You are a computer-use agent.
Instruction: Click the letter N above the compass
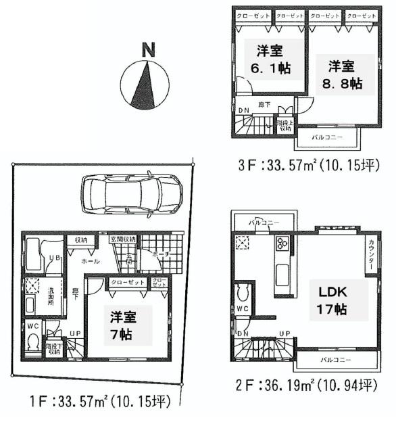point(149,49)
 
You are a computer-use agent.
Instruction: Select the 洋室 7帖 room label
point(121,325)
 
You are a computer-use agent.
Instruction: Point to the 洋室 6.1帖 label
point(269,60)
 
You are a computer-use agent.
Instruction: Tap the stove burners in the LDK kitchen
point(283,244)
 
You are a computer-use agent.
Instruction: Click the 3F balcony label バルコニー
point(328,137)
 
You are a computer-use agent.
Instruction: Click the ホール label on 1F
point(91,260)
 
